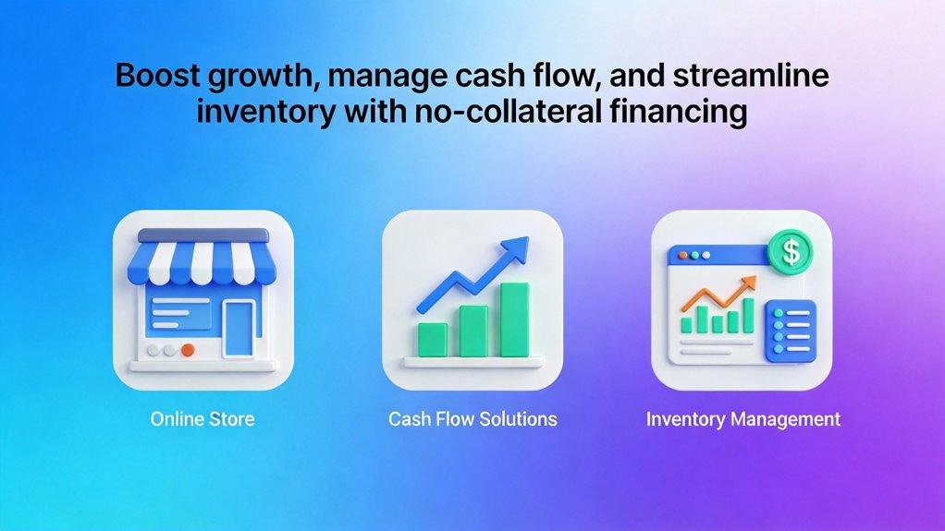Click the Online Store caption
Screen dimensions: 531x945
[x=202, y=419]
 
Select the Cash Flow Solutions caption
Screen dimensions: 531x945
[x=472, y=419]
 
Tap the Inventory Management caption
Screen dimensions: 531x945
[x=742, y=419]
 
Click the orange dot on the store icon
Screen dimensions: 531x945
[x=188, y=351]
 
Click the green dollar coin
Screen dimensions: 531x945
[x=789, y=250]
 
